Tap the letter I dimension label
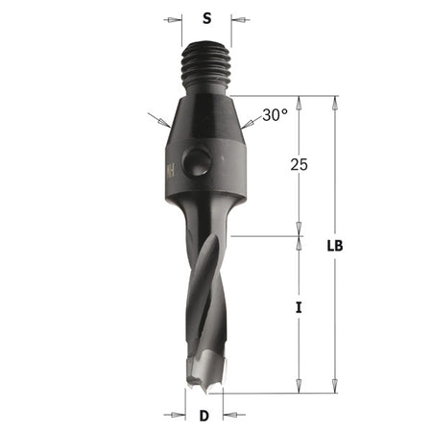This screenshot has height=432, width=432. pos(300,308)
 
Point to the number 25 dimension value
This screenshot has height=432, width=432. pos(299,165)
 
